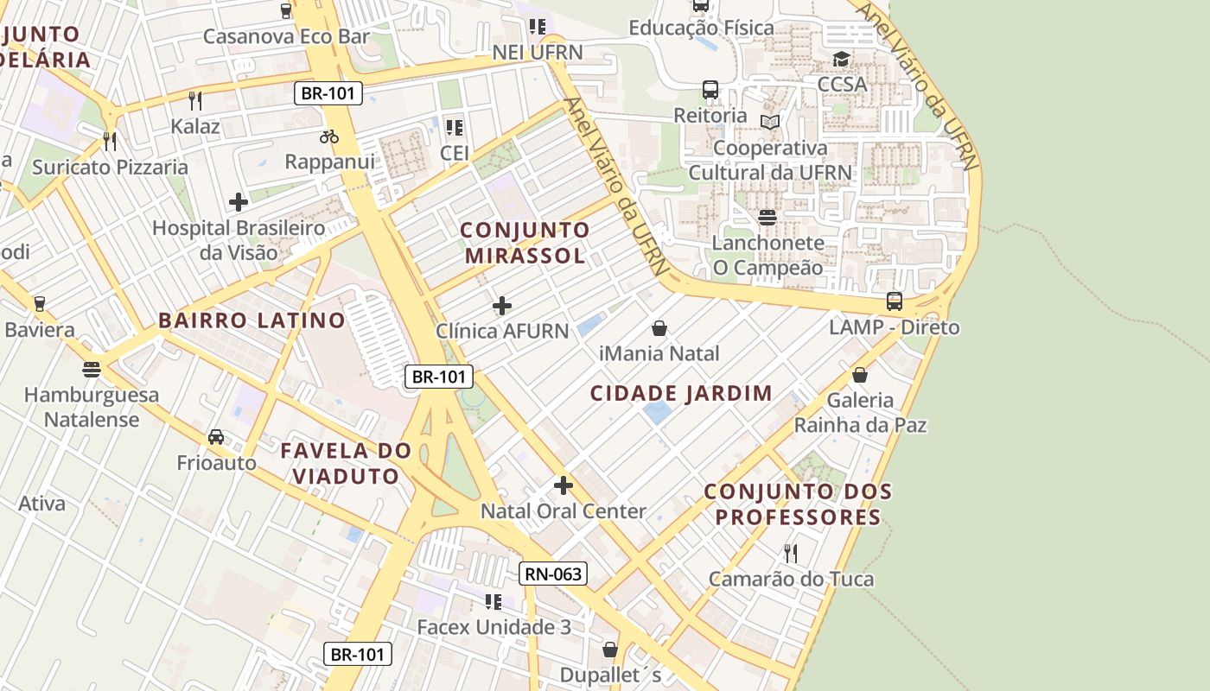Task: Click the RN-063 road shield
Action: click(554, 574)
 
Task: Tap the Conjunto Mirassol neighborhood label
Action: click(525, 243)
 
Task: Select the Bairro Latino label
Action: click(252, 320)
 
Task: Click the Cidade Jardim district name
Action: click(681, 394)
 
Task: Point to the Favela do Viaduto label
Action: click(346, 463)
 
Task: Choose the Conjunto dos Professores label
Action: click(798, 504)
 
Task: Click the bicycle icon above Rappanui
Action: click(329, 136)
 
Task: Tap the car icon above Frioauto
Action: click(216, 437)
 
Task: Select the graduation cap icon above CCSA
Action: click(841, 60)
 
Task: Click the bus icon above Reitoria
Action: click(710, 90)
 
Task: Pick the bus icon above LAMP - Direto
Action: click(895, 301)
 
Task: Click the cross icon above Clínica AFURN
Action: click(502, 306)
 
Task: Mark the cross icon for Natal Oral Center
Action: click(564, 485)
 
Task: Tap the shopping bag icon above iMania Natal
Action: click(659, 328)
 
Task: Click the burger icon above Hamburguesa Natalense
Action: click(92, 370)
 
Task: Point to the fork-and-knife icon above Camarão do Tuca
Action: click(791, 553)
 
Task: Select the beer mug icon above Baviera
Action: click(39, 304)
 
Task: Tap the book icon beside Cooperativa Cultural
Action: click(770, 122)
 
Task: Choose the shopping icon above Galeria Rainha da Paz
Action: click(860, 375)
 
